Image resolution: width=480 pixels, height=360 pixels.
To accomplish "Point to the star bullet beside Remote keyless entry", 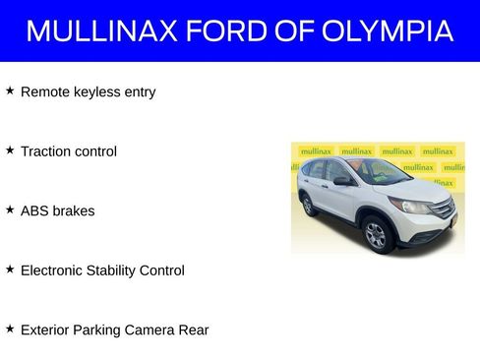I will [10, 90].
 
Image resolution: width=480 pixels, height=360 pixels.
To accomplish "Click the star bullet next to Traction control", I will [10, 150].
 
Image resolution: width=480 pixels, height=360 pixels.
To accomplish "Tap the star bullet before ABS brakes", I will [10, 210].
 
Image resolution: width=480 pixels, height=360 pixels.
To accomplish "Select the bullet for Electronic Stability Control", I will [10, 269].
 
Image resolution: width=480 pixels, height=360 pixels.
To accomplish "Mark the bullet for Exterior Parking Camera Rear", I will [10, 329].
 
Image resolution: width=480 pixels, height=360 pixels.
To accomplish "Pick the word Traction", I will [45, 151].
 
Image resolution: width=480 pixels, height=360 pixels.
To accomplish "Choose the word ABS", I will [34, 210].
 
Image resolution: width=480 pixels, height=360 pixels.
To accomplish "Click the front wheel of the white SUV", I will [376, 234].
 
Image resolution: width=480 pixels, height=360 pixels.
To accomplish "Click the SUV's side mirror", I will [341, 181].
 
